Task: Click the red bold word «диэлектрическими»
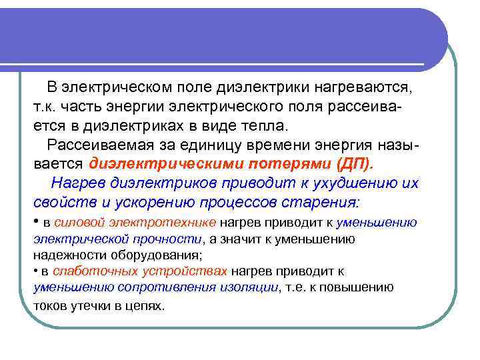155,164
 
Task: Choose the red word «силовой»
76,223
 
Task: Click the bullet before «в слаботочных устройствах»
36,271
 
